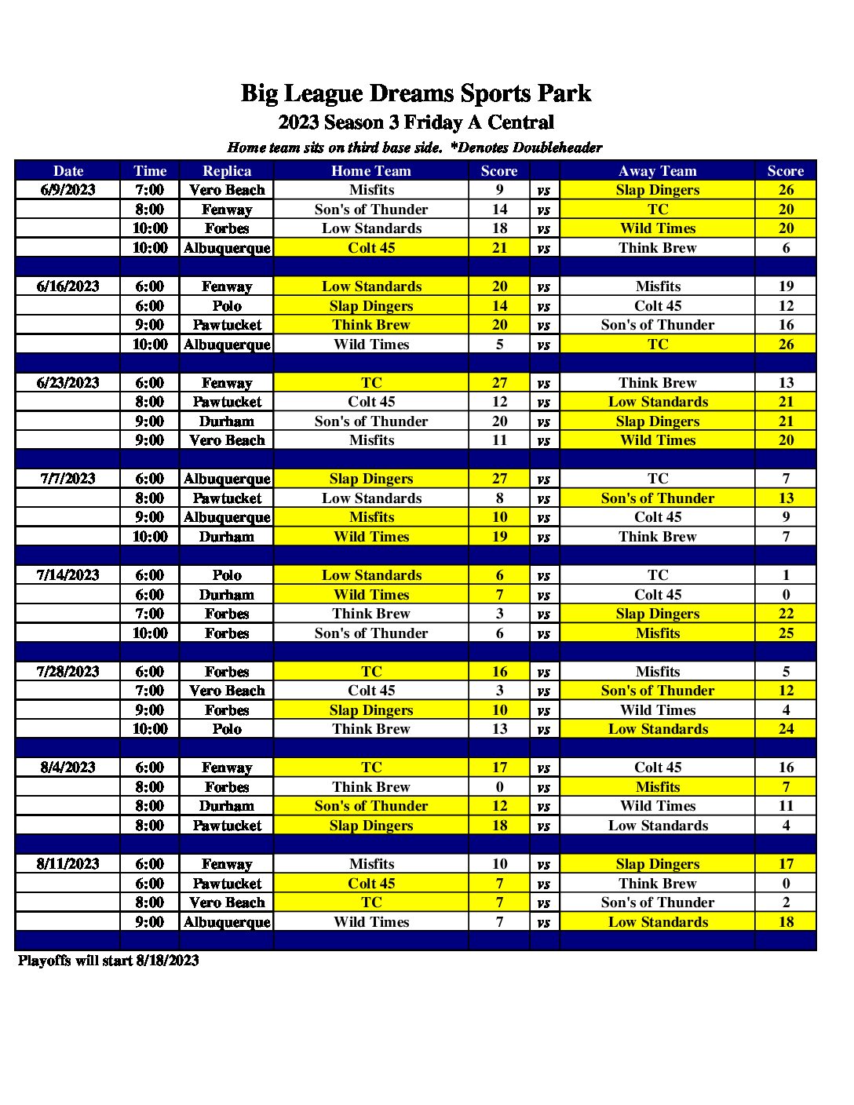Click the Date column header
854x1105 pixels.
click(x=68, y=171)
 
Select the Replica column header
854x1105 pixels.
click(x=227, y=171)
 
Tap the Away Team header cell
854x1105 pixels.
click(x=657, y=171)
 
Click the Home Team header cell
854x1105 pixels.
click(x=370, y=171)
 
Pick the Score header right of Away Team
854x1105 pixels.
click(x=785, y=171)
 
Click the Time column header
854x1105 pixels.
click(x=150, y=171)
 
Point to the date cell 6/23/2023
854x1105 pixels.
click(x=68, y=383)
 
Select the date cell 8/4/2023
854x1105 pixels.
click(x=68, y=768)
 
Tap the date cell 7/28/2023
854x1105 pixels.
click(x=68, y=672)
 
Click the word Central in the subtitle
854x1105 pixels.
click(x=520, y=122)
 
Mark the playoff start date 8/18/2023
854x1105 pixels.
click(x=167, y=961)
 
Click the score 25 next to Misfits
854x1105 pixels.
click(x=786, y=633)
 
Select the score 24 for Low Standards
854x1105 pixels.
click(x=786, y=729)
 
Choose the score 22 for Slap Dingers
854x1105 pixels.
click(x=786, y=614)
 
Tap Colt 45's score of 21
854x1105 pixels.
click(x=499, y=248)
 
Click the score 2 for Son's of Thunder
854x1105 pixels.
click(x=786, y=903)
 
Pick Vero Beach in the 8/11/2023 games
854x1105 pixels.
click(x=227, y=903)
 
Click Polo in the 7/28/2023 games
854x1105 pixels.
click(x=227, y=729)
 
